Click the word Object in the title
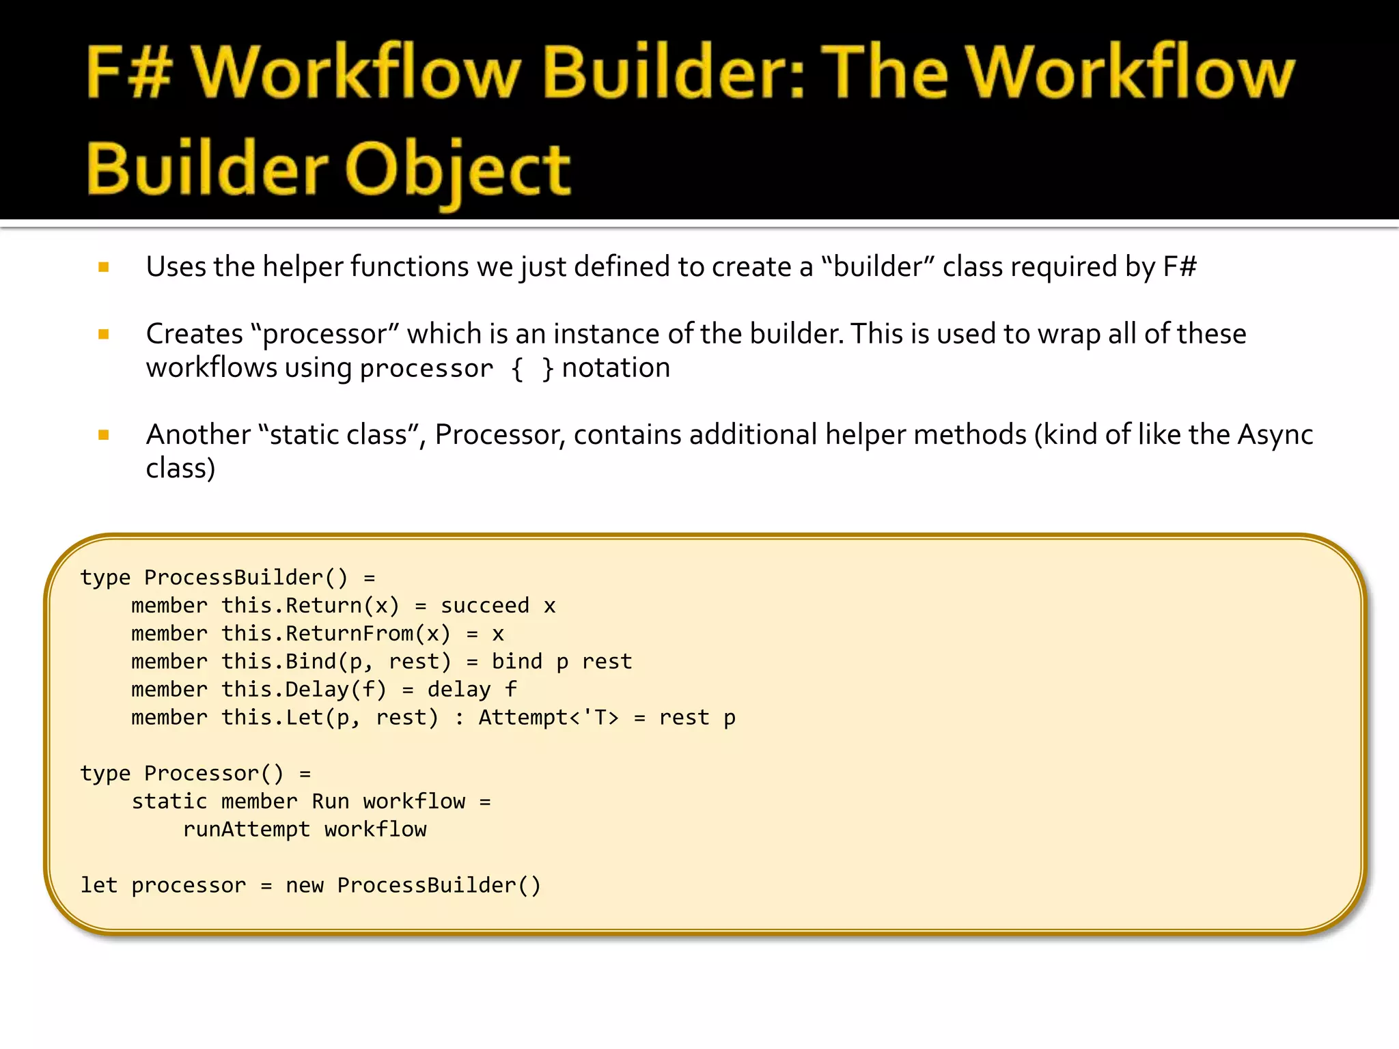(x=458, y=169)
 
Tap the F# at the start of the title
(x=128, y=72)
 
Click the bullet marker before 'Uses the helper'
(x=104, y=268)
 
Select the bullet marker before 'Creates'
(x=104, y=335)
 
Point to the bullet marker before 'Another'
(x=104, y=435)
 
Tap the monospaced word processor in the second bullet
(x=426, y=369)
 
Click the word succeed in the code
(x=485, y=606)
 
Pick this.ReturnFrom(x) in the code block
(x=336, y=634)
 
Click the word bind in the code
(x=517, y=662)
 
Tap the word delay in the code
(x=459, y=690)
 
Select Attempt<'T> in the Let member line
(x=549, y=718)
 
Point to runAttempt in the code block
(x=247, y=830)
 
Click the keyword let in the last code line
(x=99, y=886)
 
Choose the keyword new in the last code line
(x=305, y=886)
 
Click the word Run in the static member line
(x=331, y=802)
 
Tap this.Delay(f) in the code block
(x=304, y=690)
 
